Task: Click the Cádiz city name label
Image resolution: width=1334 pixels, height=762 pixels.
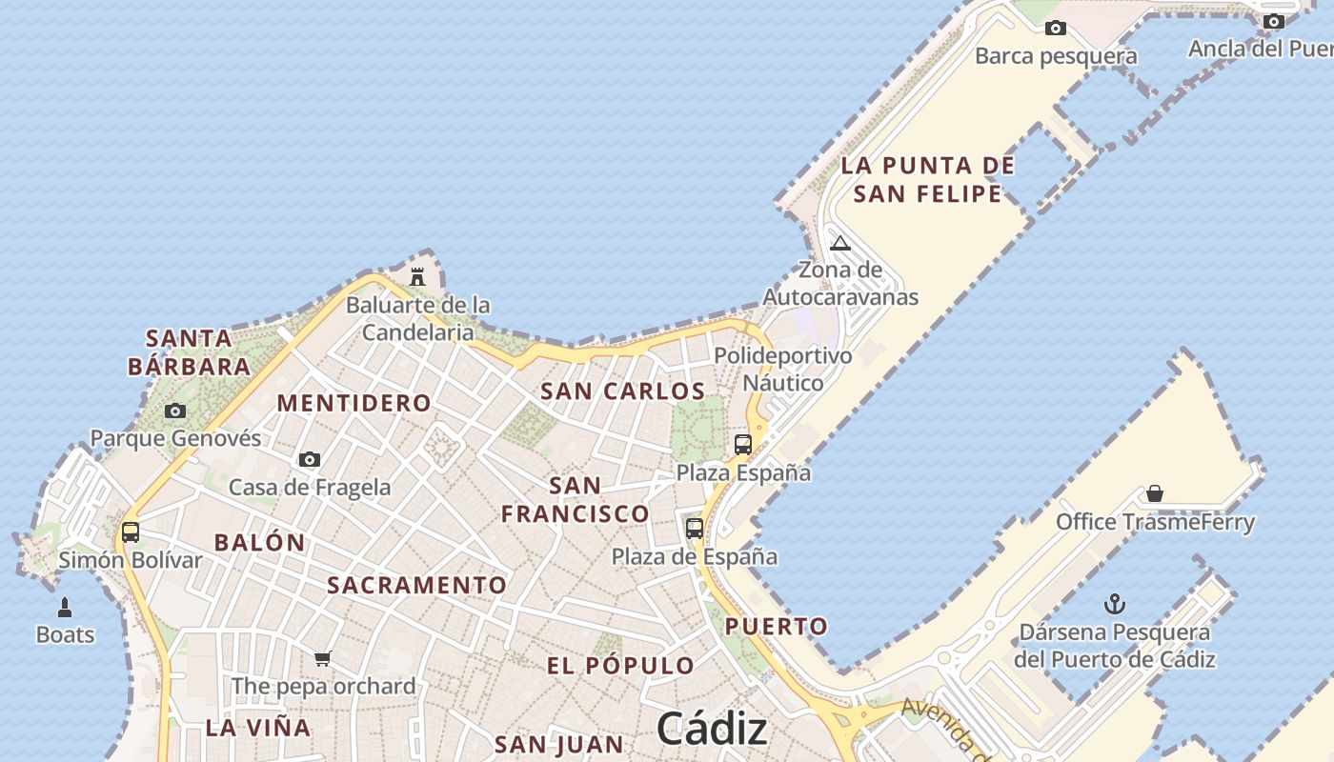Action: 712,730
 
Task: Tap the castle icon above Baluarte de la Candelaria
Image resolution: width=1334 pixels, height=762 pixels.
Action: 417,277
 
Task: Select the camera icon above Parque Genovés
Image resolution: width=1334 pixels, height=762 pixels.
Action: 175,411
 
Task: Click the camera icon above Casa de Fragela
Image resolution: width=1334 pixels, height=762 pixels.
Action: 310,459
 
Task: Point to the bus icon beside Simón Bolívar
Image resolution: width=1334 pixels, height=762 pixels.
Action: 131,531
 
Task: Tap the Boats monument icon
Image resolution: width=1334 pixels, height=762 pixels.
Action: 65,607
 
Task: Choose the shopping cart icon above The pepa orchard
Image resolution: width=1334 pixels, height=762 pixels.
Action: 323,658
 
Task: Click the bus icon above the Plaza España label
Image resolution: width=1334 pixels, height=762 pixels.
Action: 743,444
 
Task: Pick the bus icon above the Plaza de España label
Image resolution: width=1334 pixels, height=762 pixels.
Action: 695,528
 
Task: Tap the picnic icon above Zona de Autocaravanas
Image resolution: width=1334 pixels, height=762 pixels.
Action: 839,243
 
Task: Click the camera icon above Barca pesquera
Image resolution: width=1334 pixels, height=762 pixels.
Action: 1055,28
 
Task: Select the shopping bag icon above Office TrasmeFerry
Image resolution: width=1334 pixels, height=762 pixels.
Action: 1155,493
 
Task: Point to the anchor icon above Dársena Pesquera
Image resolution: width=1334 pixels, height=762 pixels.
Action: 1114,604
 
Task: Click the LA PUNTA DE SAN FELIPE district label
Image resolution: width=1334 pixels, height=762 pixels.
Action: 928,180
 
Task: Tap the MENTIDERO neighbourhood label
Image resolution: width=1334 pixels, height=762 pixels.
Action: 354,403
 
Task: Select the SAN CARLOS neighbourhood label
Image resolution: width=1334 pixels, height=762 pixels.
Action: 623,391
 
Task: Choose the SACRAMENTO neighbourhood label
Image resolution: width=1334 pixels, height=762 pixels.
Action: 417,585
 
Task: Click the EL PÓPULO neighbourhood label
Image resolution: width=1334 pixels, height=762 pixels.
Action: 620,665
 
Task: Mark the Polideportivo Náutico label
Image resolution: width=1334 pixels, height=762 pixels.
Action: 783,370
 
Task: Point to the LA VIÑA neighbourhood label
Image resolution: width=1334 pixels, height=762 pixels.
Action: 258,728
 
